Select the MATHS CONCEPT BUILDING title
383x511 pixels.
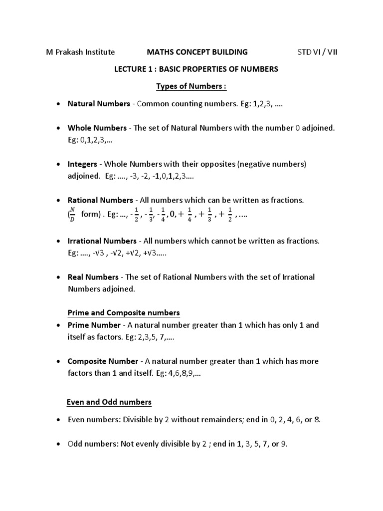[x=196, y=52]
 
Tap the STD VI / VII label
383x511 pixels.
[x=317, y=52]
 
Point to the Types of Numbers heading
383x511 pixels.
[x=191, y=86]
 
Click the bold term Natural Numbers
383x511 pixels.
[x=99, y=104]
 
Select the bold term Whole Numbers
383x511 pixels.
[x=97, y=128]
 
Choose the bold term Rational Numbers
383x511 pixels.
[x=100, y=200]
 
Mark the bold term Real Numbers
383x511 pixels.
[x=93, y=277]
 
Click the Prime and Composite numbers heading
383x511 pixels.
[x=124, y=313]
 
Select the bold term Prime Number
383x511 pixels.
[x=94, y=325]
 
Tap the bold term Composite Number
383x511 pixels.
[x=103, y=361]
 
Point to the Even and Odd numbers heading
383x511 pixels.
[x=109, y=402]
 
